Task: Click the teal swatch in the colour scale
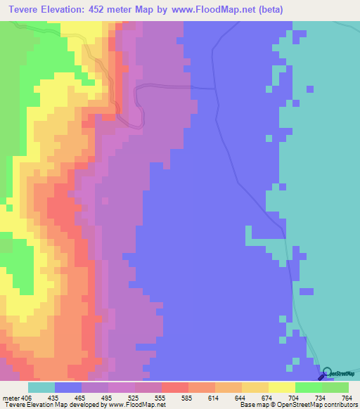(41, 388)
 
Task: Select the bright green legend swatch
(309, 388)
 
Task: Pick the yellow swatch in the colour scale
(282, 388)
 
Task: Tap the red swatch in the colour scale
(175, 388)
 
